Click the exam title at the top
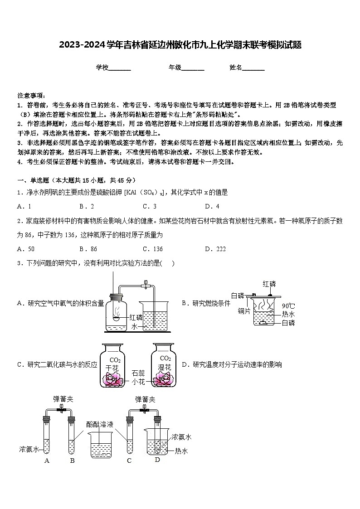[x=180, y=45]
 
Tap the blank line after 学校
[x=120, y=68]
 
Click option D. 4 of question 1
[x=212, y=207]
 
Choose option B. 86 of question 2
[x=88, y=249]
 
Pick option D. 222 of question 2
[x=215, y=249]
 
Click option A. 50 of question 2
[x=25, y=249]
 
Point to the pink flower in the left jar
[x=112, y=380]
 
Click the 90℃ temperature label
[x=288, y=305]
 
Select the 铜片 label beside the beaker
[x=244, y=311]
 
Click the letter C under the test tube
[x=129, y=461]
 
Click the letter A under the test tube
[x=46, y=461]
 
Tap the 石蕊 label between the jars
[x=138, y=373]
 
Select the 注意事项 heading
[x=31, y=96]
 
